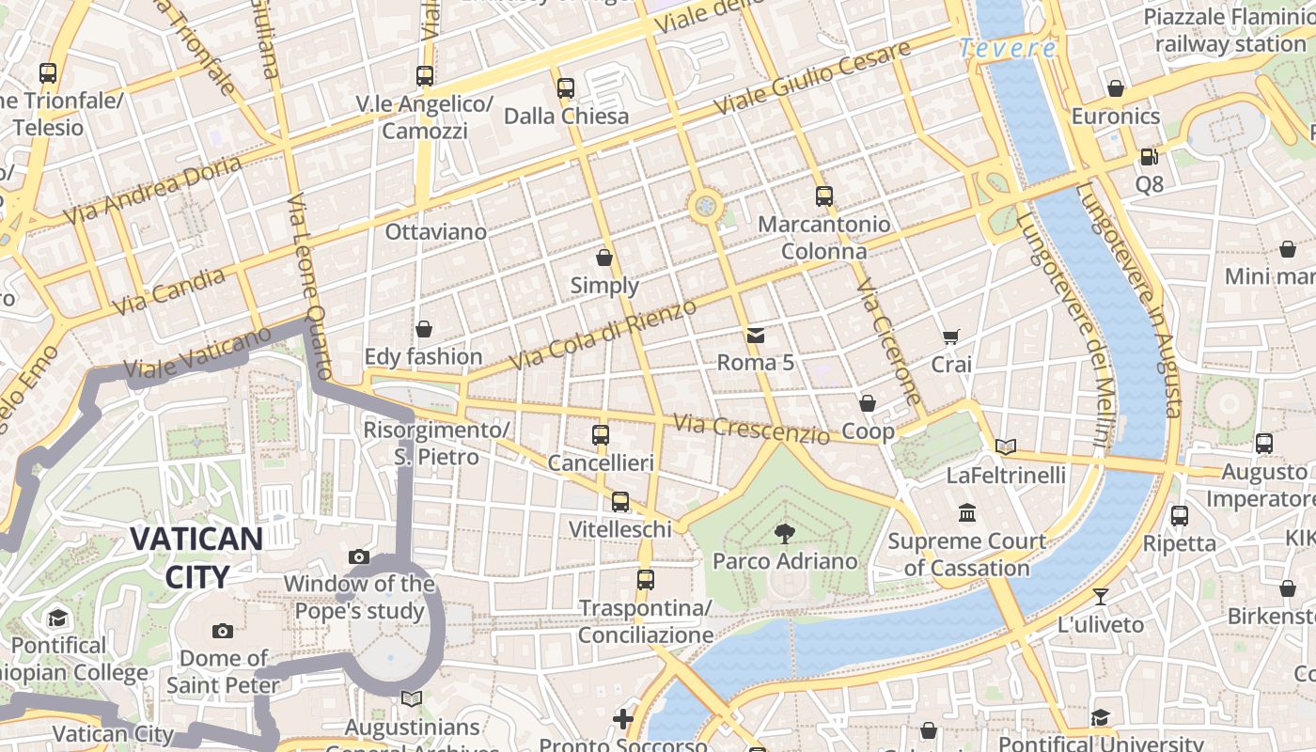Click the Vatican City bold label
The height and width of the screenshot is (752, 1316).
point(196,557)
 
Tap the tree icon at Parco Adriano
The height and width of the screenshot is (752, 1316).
point(783,534)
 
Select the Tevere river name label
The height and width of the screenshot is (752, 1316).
point(1008,48)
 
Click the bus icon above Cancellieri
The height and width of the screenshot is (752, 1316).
point(601,435)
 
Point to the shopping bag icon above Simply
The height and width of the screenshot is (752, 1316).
point(604,258)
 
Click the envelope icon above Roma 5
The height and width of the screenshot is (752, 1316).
point(755,335)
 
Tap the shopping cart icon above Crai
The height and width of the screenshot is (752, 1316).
point(950,337)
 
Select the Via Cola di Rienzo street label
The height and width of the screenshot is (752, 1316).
point(603,335)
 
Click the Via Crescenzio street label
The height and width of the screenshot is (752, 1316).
point(751,430)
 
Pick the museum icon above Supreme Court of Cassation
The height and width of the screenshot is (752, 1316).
point(967,513)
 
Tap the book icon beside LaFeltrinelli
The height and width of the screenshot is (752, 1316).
point(1006,446)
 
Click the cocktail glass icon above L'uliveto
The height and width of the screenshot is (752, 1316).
point(1100,596)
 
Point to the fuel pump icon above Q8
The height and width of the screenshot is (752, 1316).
point(1149,156)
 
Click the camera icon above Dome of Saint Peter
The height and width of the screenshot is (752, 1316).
point(223,631)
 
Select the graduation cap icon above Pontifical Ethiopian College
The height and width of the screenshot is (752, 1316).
point(58,619)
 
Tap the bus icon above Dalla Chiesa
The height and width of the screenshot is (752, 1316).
point(565,88)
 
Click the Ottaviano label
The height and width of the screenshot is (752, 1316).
point(436,231)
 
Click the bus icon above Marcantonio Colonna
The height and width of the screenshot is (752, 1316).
point(823,196)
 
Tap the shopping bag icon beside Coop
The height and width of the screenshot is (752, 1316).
point(867,403)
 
